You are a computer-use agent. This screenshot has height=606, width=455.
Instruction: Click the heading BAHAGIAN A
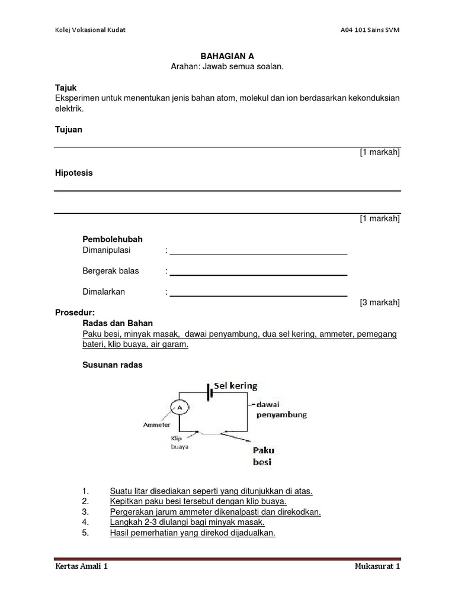point(227,56)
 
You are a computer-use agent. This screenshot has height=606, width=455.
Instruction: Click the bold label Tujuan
point(68,130)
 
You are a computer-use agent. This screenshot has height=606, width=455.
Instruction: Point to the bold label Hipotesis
point(73,173)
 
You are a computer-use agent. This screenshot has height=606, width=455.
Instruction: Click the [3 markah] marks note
point(380,302)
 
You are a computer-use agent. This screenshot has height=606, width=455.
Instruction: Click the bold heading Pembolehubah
point(112,239)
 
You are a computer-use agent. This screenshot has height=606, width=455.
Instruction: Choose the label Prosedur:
point(75,312)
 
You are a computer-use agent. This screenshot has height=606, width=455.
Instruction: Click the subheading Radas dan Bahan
point(117,323)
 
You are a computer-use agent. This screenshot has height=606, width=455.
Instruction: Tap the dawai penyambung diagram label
point(281,410)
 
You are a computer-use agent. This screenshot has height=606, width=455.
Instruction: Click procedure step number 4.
point(86,523)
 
